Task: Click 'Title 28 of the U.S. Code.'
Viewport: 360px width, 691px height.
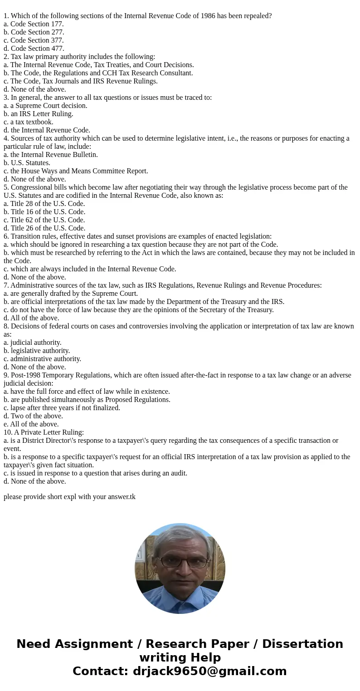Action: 44,204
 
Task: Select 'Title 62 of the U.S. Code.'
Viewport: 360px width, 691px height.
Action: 44,220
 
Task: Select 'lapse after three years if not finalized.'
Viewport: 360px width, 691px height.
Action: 62,408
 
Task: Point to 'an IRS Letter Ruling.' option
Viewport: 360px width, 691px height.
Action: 39,114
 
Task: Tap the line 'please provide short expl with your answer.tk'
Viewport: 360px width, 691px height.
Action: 69,497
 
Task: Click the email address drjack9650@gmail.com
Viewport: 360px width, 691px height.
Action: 209,671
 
